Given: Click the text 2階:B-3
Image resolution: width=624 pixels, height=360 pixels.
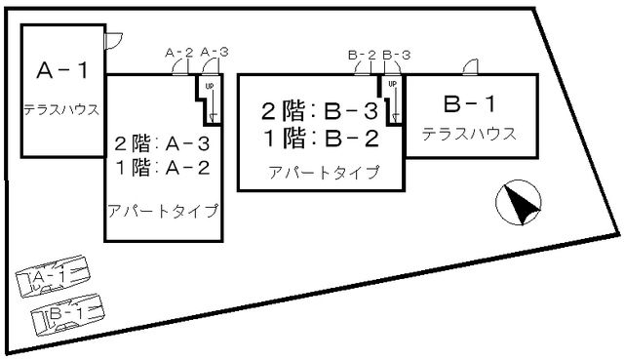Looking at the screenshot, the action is click(x=319, y=109).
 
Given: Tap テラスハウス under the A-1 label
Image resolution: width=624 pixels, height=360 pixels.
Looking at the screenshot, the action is click(x=62, y=109).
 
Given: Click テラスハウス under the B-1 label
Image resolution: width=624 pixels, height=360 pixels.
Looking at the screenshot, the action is click(x=469, y=133).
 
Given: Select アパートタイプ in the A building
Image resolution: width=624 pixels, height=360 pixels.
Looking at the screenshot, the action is click(x=163, y=211).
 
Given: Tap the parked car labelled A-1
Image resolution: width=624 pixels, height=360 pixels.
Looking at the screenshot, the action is click(x=54, y=280).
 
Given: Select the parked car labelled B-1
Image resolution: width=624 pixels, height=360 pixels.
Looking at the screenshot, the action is click(x=66, y=314).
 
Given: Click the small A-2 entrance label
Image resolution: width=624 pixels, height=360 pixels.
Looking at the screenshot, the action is click(x=178, y=52).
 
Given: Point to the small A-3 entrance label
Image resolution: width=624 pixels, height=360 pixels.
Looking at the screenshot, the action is click(x=214, y=52).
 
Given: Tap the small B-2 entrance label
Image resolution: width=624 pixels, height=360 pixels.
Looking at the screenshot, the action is click(x=362, y=54).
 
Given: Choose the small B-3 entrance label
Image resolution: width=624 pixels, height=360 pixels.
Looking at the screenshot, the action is click(x=396, y=54).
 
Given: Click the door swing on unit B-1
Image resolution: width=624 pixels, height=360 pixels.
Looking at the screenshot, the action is click(x=470, y=66).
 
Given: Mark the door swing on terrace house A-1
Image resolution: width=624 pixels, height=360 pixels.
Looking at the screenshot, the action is click(x=113, y=38).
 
